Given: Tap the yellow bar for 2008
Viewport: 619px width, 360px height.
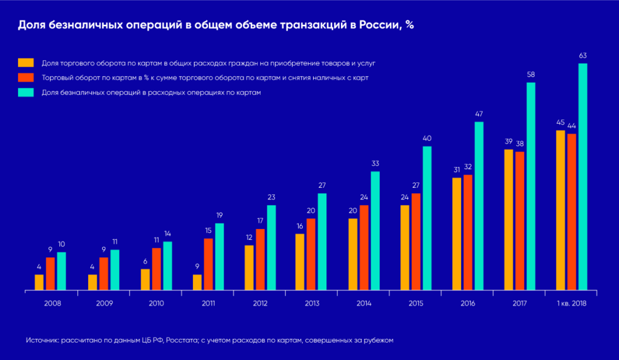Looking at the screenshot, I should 39,283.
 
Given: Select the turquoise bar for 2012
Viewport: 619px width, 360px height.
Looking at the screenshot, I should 271,248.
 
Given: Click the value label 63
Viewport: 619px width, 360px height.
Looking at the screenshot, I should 583,56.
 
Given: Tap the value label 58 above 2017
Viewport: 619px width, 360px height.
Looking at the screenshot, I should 531,75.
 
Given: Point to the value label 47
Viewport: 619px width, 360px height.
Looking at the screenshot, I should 479,114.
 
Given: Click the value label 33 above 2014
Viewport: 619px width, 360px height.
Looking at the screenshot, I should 375,164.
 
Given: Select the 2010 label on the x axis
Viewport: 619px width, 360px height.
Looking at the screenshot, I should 156,303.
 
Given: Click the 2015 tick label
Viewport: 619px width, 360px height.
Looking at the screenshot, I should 416,303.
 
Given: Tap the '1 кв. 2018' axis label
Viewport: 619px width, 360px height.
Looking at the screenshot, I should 572,303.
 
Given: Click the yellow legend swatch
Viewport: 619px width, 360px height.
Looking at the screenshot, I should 25,63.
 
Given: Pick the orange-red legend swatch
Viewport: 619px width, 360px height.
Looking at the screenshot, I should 25,78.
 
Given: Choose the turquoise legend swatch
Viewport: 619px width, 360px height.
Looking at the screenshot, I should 25,93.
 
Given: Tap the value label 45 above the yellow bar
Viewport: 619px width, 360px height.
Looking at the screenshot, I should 560,123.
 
